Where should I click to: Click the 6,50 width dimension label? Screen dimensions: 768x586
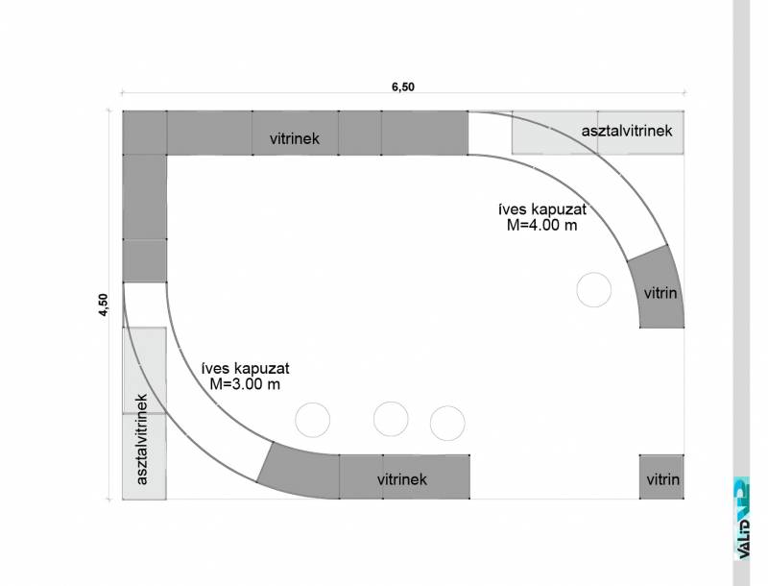click(x=402, y=86)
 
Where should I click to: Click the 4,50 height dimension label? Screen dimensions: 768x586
click(x=104, y=305)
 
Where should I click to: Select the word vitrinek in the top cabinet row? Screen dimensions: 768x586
click(x=295, y=138)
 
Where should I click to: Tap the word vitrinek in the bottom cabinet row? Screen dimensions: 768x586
click(x=402, y=479)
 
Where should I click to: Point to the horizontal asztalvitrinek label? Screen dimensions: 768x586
click(x=627, y=131)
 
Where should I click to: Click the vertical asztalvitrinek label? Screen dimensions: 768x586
click(x=141, y=440)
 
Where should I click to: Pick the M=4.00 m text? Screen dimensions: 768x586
click(x=541, y=226)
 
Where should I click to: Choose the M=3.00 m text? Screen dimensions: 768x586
click(x=245, y=384)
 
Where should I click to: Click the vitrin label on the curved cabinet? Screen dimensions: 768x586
click(x=660, y=294)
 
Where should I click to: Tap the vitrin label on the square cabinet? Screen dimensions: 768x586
click(x=662, y=479)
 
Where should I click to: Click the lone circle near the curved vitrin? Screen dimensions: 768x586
click(x=593, y=289)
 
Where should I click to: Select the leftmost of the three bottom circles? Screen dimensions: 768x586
click(x=313, y=420)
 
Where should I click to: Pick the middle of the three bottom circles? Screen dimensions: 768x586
click(x=391, y=419)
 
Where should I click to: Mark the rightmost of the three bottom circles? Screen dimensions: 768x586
click(x=447, y=423)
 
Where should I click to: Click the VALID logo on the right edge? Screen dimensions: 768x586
click(x=742, y=518)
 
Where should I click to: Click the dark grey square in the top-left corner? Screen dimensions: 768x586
click(x=145, y=133)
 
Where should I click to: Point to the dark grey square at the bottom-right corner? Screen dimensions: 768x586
click(x=661, y=476)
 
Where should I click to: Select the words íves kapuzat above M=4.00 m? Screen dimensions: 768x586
click(x=542, y=209)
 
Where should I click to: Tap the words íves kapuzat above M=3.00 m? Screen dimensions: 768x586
click(x=246, y=368)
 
